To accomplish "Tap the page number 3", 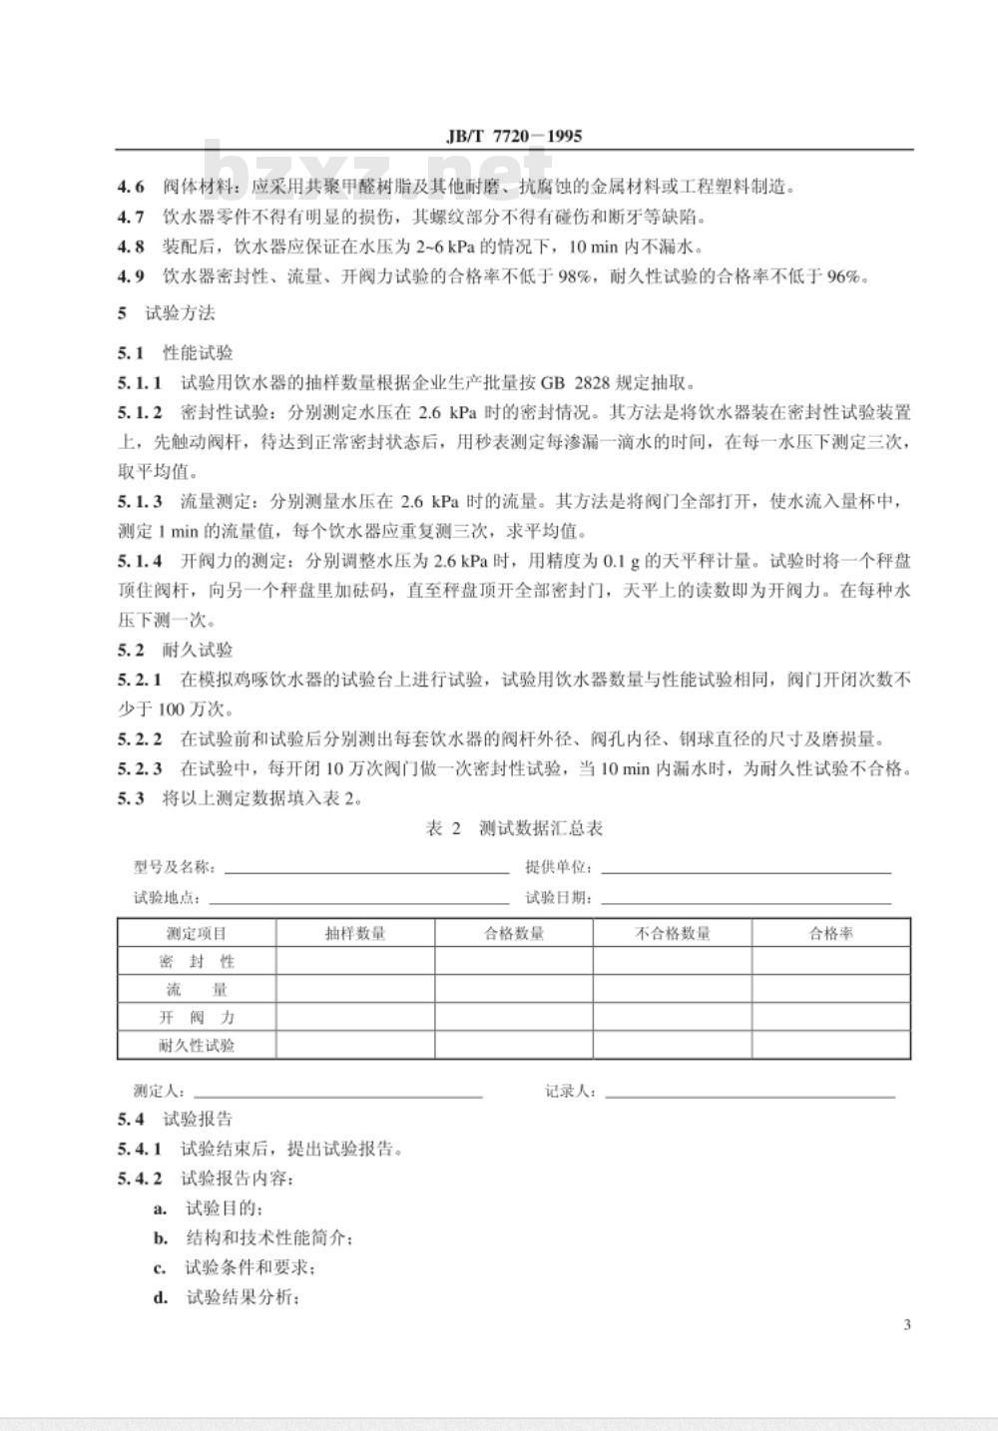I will click(x=906, y=1325).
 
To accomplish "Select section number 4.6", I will click(x=131, y=187).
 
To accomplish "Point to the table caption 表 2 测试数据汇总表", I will click(x=514, y=829).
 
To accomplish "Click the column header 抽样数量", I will click(x=355, y=934).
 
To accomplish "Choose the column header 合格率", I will click(x=830, y=934).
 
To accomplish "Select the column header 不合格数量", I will click(x=673, y=934).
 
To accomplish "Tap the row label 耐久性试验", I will click(x=197, y=1046).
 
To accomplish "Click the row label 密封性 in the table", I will click(x=197, y=962).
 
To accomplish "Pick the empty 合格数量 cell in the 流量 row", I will click(x=514, y=990).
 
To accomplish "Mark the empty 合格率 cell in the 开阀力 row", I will click(x=830, y=1018).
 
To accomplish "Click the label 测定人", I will click(x=159, y=1092).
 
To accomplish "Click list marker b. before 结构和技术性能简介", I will click(x=160, y=1238).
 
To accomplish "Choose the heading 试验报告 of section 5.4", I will click(x=197, y=1120).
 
